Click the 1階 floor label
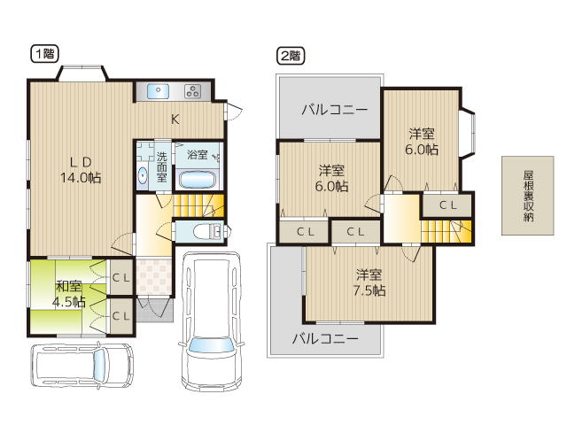click(44, 54)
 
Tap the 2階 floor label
click(291, 56)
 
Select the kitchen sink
click(158, 91)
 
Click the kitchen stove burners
click(193, 91)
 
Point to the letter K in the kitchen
click(175, 119)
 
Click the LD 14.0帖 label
click(81, 170)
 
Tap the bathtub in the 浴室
click(198, 180)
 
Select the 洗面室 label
click(161, 167)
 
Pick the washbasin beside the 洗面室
click(143, 176)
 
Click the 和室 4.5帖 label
click(69, 294)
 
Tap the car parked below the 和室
click(82, 366)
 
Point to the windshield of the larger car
click(211, 344)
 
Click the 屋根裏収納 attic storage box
click(528, 196)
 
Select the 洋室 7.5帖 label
click(369, 283)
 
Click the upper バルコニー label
click(335, 109)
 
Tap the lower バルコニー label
click(325, 338)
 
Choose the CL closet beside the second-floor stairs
click(448, 205)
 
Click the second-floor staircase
click(447, 232)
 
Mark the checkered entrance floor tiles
click(154, 275)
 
